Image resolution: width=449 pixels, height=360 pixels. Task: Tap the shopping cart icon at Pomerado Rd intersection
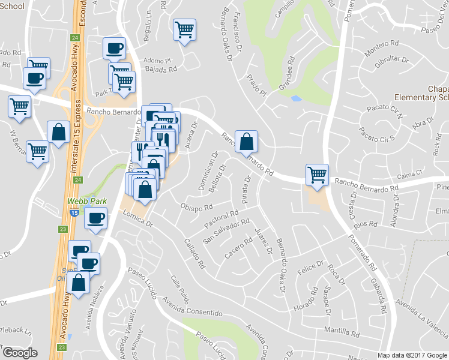point(318,175)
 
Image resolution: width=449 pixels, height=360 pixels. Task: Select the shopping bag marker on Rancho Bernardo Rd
point(246,142)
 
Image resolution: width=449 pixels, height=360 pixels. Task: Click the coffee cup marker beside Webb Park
point(95,217)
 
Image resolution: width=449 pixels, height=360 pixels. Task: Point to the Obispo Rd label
point(197,208)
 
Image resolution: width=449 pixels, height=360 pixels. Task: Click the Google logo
point(20,353)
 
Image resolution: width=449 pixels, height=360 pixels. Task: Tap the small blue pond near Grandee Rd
point(295,98)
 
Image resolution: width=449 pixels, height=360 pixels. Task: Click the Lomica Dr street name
point(137,220)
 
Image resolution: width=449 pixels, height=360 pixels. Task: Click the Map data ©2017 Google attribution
point(412,355)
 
